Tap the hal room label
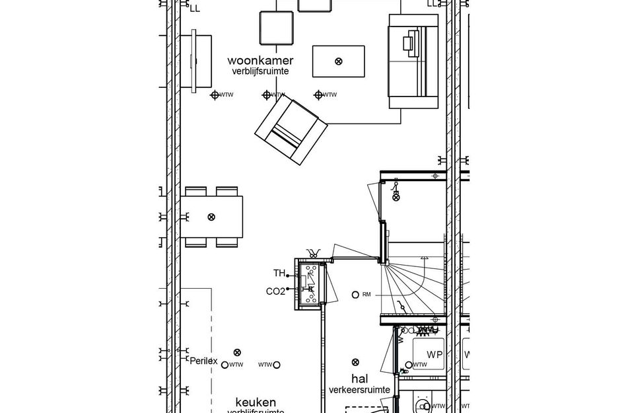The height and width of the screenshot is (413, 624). pyautogui.click(x=359, y=379)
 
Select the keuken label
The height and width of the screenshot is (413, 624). pyautogui.click(x=256, y=402)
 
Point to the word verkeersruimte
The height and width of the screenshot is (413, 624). pyautogui.click(x=359, y=390)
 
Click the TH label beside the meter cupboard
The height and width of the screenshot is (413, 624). pyautogui.click(x=279, y=273)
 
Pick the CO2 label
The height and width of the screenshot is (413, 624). pyautogui.click(x=275, y=291)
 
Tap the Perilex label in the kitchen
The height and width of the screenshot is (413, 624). pyautogui.click(x=203, y=361)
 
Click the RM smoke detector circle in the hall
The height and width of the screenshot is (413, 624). pyautogui.click(x=356, y=294)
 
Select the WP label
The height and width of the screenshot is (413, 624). pyautogui.click(x=434, y=355)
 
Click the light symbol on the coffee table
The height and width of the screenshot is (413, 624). pyautogui.click(x=339, y=61)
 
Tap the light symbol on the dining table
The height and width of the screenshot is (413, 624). pyautogui.click(x=211, y=217)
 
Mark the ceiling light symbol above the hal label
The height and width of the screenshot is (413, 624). pyautogui.click(x=356, y=361)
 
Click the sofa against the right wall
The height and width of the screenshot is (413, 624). pyautogui.click(x=413, y=61)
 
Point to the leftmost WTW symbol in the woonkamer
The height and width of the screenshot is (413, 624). pyautogui.click(x=215, y=95)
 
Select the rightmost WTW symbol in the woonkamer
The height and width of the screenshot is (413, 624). pyautogui.click(x=319, y=95)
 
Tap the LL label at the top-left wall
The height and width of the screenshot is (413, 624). pyautogui.click(x=194, y=9)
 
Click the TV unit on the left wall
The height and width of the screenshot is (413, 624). pyautogui.click(x=201, y=61)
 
